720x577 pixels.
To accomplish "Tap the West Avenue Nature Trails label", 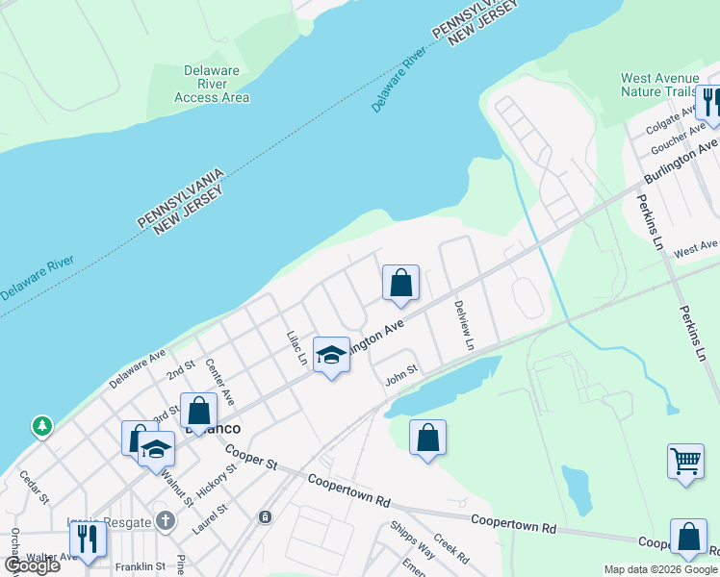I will [659, 85].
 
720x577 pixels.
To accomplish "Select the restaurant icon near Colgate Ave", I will [710, 102].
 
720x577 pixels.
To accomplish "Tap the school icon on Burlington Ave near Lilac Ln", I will [330, 357].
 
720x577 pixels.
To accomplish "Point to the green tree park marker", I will [41, 425].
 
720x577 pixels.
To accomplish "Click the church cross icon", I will [166, 522].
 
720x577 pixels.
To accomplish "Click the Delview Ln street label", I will [464, 324].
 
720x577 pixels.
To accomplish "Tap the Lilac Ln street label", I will [296, 347].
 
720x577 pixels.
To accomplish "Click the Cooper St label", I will [251, 456].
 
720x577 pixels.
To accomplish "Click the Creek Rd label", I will [450, 549].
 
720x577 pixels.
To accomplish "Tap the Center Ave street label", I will [220, 382].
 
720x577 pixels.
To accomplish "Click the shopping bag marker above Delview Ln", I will [400, 283].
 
